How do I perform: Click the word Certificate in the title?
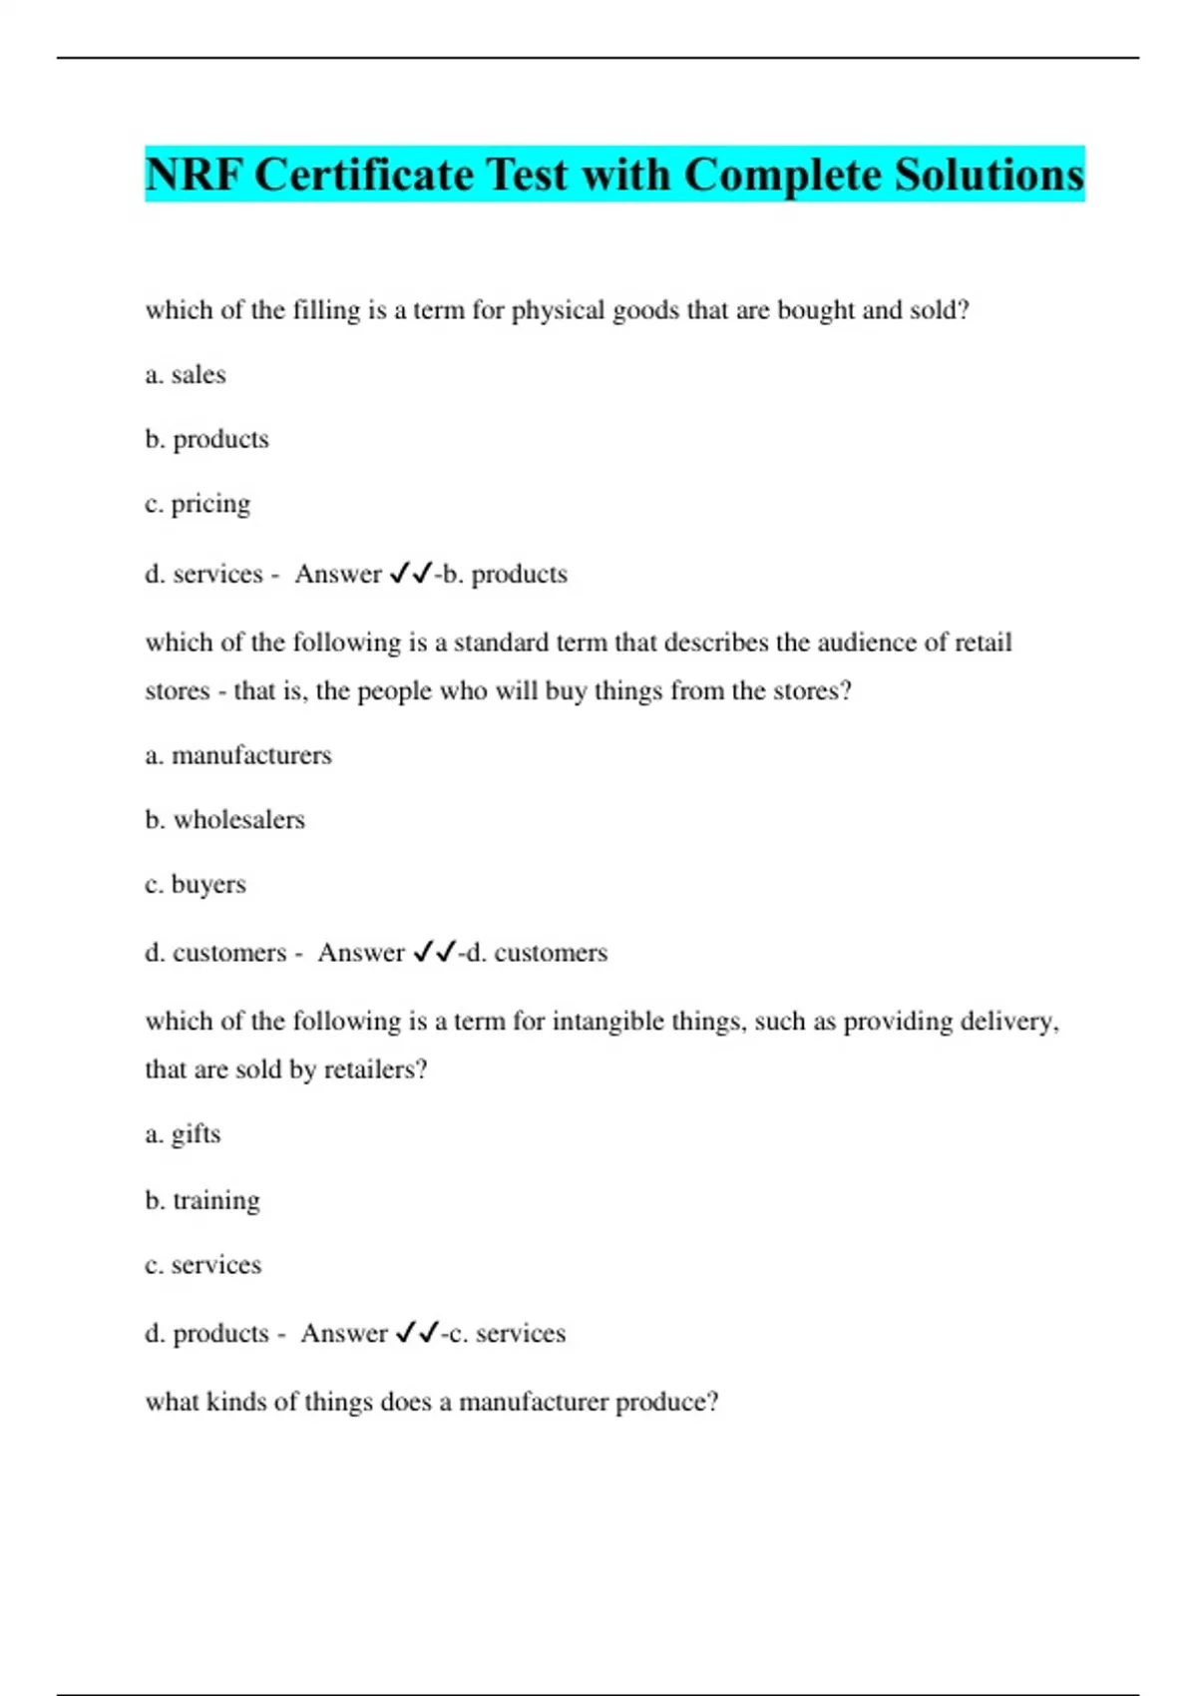pos(364,175)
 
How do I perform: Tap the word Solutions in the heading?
pos(989,175)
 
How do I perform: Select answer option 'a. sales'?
pos(186,375)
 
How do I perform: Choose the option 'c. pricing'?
pos(198,504)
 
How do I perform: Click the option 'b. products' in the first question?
pos(206,439)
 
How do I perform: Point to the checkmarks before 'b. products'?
pos(411,574)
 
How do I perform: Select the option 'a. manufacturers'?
pos(238,755)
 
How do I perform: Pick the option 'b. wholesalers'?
pos(224,820)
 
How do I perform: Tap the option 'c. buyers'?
pos(196,885)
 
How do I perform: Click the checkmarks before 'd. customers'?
pos(435,953)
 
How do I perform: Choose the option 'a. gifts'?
pos(183,1134)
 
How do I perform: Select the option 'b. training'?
pos(202,1200)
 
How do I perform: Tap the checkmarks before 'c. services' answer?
pos(418,1333)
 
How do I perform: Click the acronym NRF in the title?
pos(195,175)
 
